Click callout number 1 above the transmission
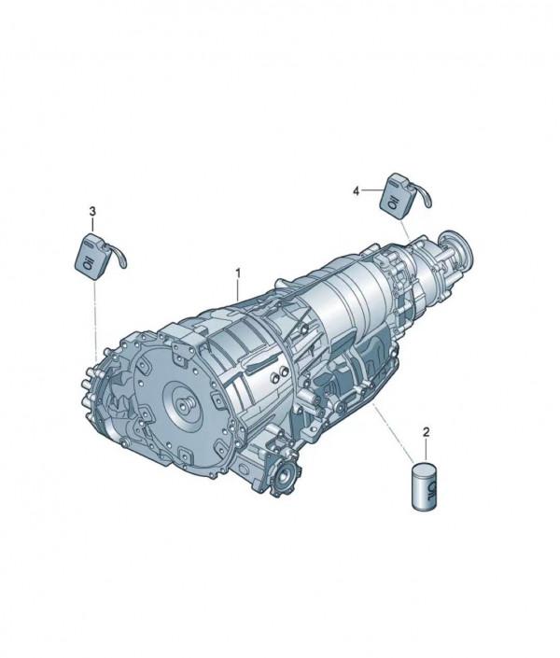(238, 273)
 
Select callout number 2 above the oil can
(427, 432)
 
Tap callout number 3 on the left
(92, 212)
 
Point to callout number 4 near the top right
(356, 191)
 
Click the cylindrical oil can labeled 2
(425, 487)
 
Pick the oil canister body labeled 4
(397, 196)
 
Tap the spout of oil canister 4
(423, 193)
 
